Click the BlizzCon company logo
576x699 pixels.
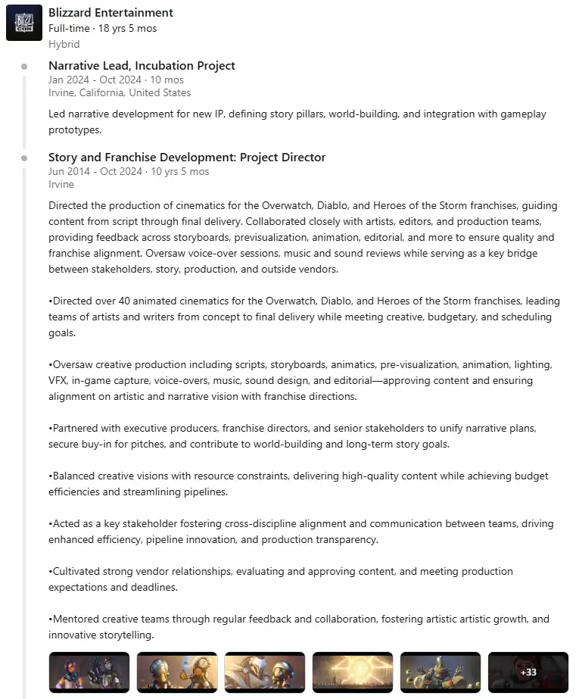click(24, 23)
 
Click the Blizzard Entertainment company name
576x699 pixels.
click(111, 13)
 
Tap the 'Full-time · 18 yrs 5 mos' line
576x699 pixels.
click(102, 29)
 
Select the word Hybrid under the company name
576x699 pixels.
click(64, 44)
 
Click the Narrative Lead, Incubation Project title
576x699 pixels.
click(142, 66)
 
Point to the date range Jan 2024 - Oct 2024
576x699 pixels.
click(95, 80)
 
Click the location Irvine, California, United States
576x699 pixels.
click(120, 93)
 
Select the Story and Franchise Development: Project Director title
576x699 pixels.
click(187, 158)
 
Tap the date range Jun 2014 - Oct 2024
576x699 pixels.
click(95, 171)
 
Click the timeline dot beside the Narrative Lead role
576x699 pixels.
click(24, 67)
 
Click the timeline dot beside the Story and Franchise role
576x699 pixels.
click(24, 158)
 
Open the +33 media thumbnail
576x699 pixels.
click(528, 672)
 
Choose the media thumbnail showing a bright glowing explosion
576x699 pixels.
click(353, 672)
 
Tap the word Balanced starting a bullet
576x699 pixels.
click(74, 476)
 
